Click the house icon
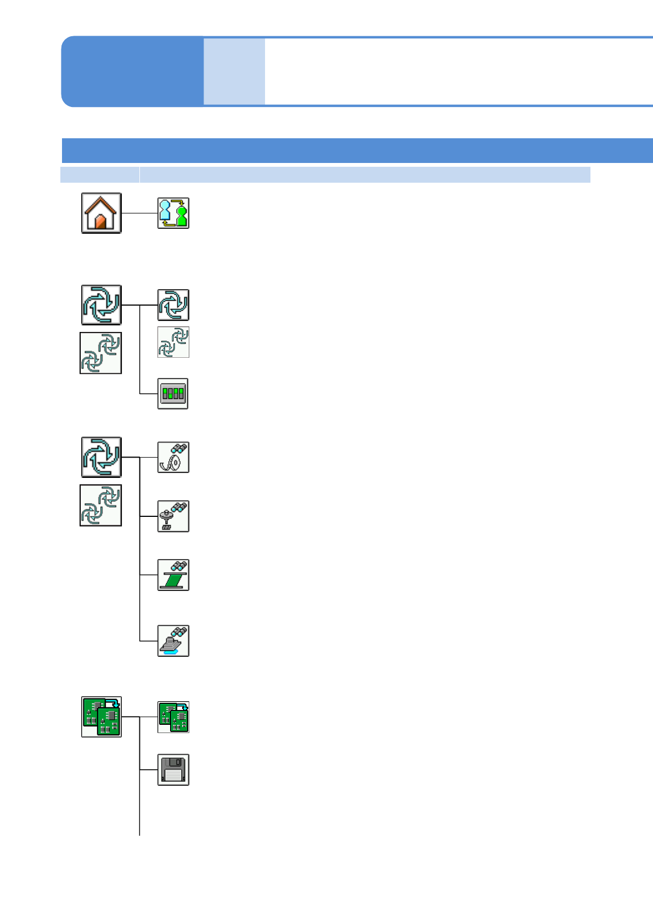tap(102, 213)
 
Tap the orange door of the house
tap(100, 222)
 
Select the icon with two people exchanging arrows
tap(173, 213)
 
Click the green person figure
tap(182, 216)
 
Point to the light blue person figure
tap(165, 211)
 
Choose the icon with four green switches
tap(173, 393)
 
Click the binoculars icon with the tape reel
tap(173, 457)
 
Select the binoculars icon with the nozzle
tap(173, 516)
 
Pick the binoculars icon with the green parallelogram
tap(173, 575)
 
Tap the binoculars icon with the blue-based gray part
tap(173, 641)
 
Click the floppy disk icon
tap(173, 770)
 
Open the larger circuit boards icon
tap(102, 717)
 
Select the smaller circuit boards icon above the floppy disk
tap(173, 717)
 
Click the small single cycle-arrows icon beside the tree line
tap(173, 305)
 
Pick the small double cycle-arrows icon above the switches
tap(173, 342)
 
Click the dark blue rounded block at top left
tap(132, 71)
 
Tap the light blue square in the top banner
tap(234, 71)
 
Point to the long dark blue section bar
tap(357, 150)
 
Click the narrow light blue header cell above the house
tap(100, 174)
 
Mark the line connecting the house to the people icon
tap(139, 213)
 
